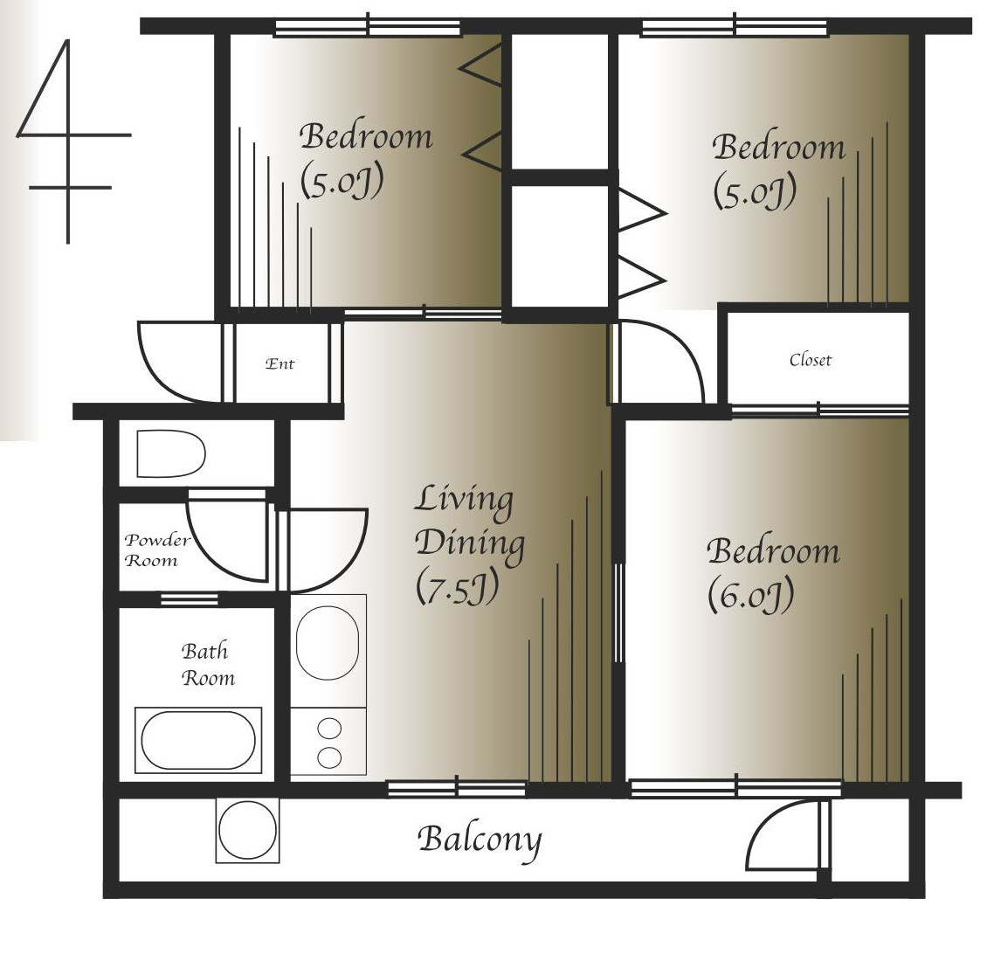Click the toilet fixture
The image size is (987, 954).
[x=170, y=453]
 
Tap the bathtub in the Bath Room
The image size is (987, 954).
[x=198, y=740]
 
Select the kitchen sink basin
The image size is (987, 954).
[x=328, y=643]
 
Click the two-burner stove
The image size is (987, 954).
[x=328, y=742]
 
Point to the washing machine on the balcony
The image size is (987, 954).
[x=247, y=830]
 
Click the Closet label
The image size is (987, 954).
[x=810, y=360]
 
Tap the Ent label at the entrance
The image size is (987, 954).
[x=280, y=363]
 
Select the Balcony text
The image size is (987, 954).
[x=480, y=840]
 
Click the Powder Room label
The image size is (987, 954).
[x=156, y=550]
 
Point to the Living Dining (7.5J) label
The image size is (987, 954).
[x=469, y=543]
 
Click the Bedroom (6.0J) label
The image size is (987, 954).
[x=773, y=574]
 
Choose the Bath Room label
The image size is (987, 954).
[x=207, y=664]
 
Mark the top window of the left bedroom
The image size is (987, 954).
[x=368, y=27]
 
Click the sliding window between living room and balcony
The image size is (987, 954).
[x=456, y=788]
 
